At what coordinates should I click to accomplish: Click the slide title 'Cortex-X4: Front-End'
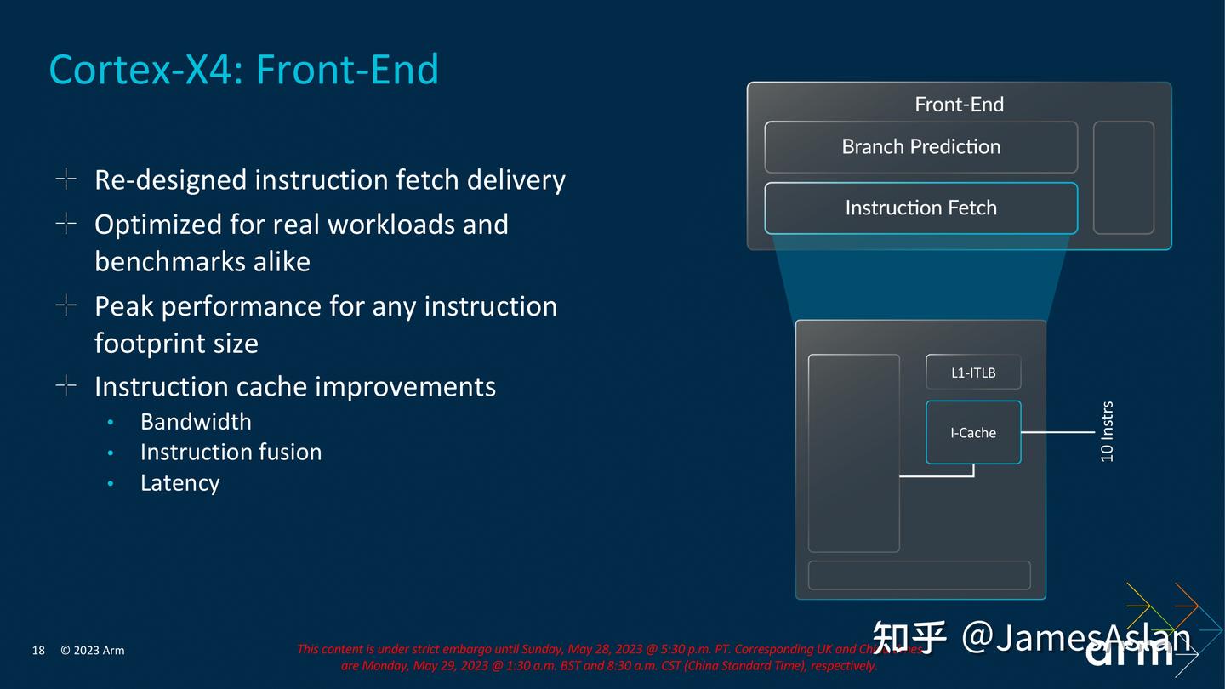click(x=244, y=69)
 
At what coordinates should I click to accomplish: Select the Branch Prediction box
click(x=920, y=147)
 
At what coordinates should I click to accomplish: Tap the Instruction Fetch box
click(x=920, y=208)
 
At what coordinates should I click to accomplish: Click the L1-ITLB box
click(x=972, y=373)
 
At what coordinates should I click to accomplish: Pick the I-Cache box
click(x=972, y=432)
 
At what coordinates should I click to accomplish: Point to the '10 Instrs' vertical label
click(x=1107, y=431)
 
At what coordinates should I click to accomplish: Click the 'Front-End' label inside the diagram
click(x=959, y=105)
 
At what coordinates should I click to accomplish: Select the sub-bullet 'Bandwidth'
click(x=196, y=422)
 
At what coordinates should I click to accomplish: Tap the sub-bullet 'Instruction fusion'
click(x=231, y=452)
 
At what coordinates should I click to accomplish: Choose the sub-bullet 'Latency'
click(x=179, y=483)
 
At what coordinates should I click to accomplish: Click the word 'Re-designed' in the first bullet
click(x=170, y=180)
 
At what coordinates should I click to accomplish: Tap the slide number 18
click(x=38, y=651)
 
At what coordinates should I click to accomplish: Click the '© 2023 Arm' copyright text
click(x=92, y=651)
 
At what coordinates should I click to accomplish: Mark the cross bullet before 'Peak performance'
click(x=66, y=305)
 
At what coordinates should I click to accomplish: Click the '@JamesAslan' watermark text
click(x=1075, y=637)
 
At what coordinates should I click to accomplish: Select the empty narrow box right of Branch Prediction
click(x=1123, y=177)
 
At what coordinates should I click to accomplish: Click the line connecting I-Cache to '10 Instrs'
click(x=1057, y=432)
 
